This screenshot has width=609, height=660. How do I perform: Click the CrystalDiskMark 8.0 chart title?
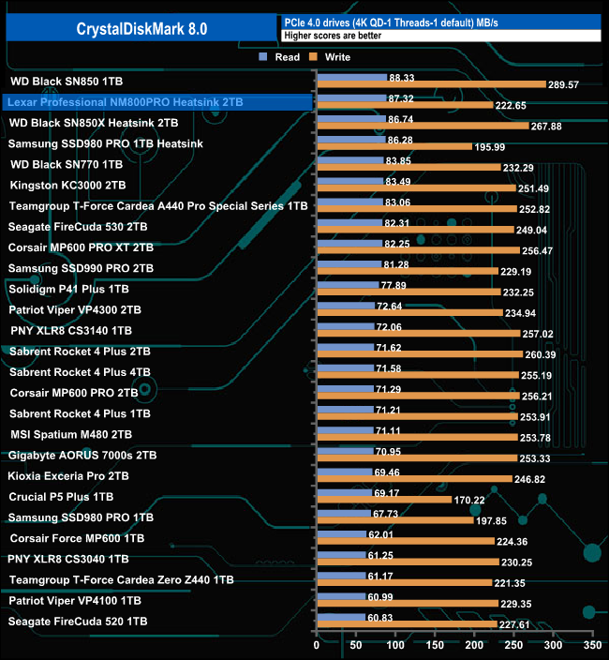142,29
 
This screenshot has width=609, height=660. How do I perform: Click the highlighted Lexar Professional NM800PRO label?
125,101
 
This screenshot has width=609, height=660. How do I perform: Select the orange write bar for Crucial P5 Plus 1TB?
384,500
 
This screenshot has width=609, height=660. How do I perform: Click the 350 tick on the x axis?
591,647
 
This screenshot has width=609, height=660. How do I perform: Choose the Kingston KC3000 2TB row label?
67,185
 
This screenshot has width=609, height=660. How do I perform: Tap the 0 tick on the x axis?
318,647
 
